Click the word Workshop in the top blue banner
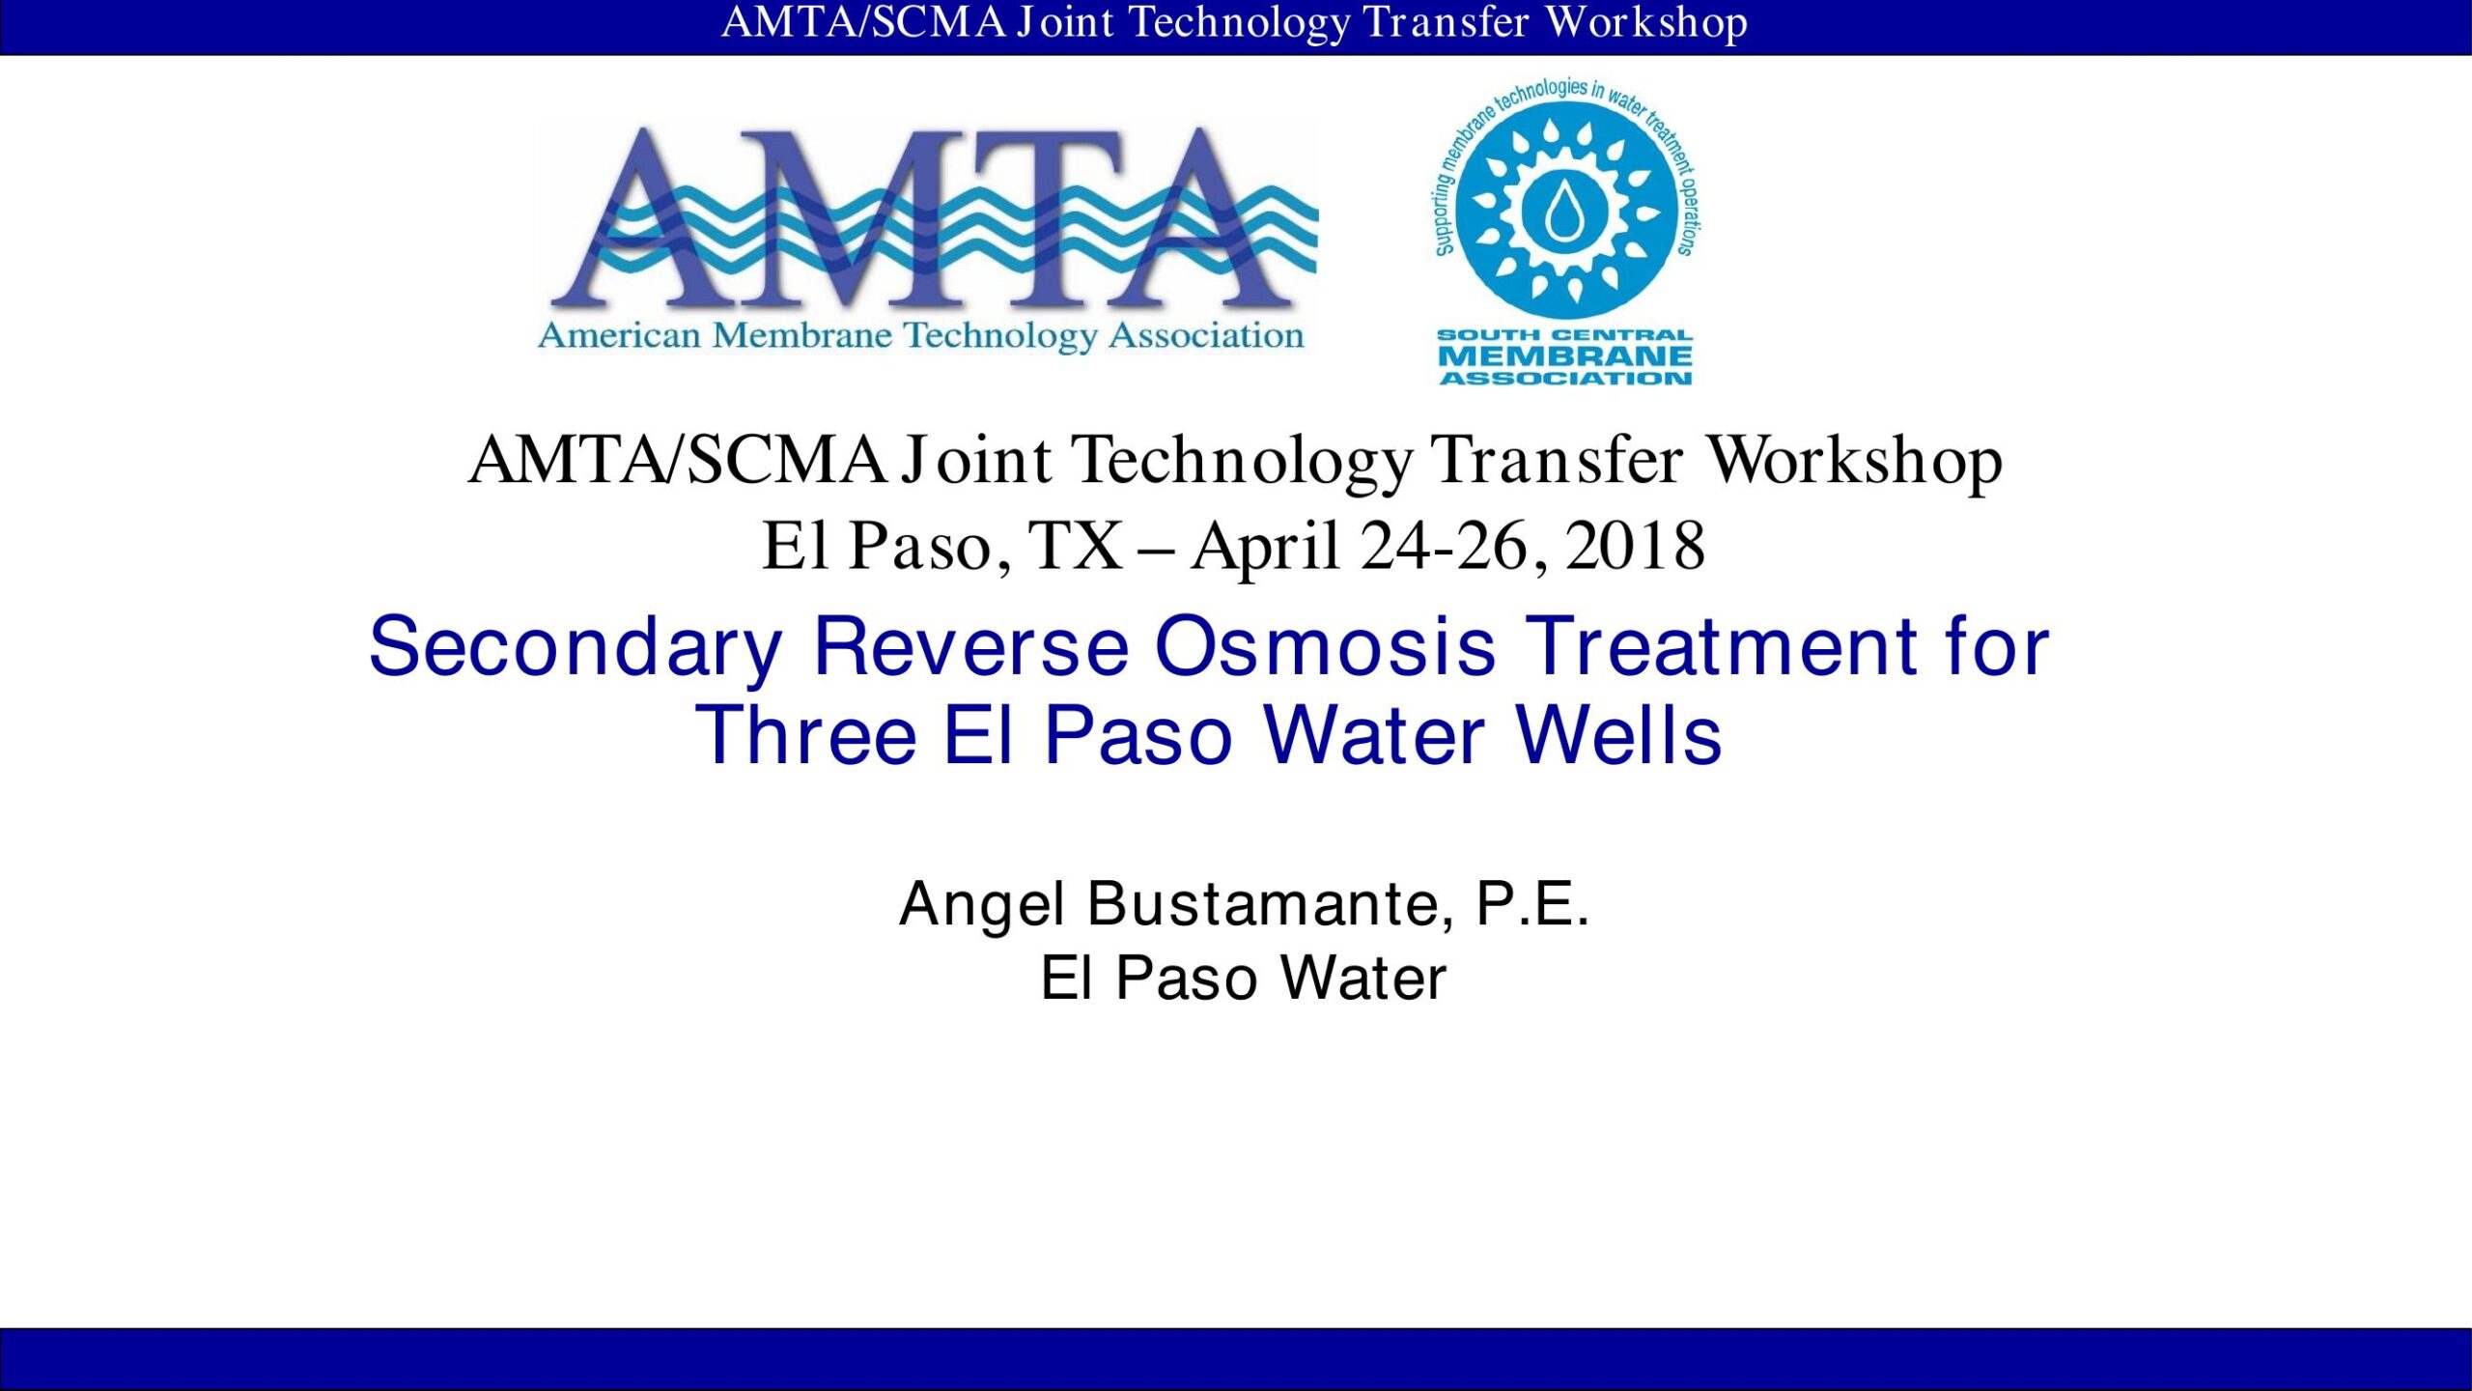(1646, 23)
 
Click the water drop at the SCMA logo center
(1564, 212)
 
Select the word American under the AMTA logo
(619, 335)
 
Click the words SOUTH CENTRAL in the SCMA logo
(1564, 335)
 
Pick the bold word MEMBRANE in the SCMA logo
(1564, 355)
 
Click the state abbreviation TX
(1076, 546)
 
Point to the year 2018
(1635, 546)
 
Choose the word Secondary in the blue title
(575, 648)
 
